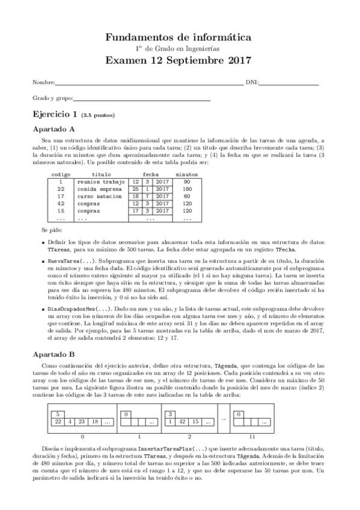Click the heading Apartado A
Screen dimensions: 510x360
coord(53,128)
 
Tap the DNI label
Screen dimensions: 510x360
coord(251,82)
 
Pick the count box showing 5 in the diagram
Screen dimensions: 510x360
coord(56,414)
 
